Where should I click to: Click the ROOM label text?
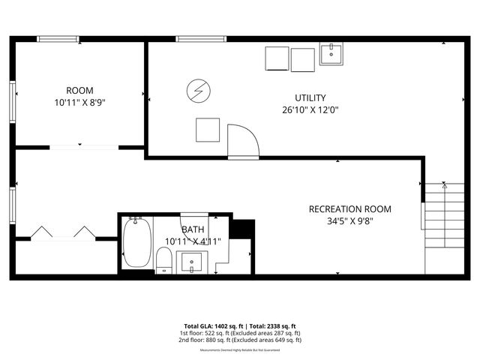[79, 91]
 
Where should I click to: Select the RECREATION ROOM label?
[350, 208]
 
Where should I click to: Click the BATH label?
[192, 229]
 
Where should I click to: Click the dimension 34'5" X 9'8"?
[350, 221]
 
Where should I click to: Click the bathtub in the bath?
[136, 242]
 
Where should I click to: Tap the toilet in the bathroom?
[165, 260]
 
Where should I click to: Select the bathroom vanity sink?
[193, 263]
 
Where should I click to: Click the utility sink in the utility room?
[331, 54]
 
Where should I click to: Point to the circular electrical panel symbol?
[198, 91]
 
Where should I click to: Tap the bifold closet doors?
[63, 232]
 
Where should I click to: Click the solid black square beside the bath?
[240, 228]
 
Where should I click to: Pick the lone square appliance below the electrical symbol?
[208, 130]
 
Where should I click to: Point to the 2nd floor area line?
[240, 340]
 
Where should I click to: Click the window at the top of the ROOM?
[59, 39]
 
